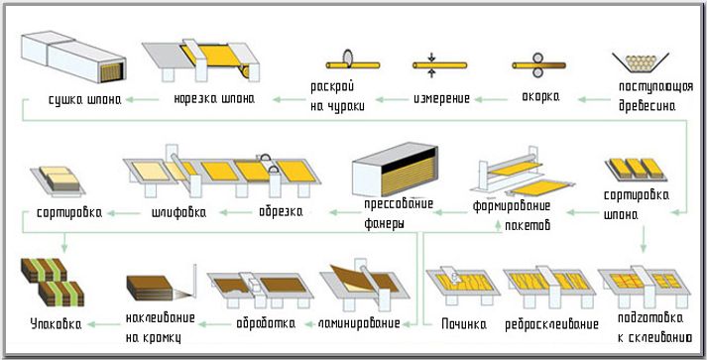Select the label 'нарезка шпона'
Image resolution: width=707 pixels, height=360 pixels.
pyautogui.click(x=212, y=99)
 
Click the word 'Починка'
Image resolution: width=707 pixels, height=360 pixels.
pyautogui.click(x=461, y=324)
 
